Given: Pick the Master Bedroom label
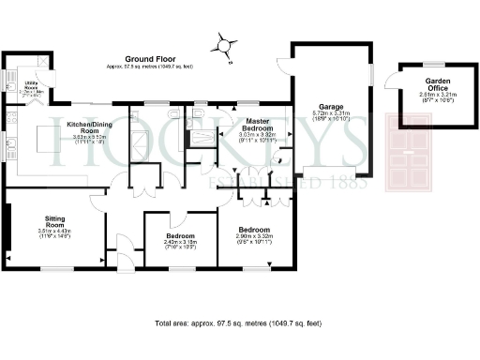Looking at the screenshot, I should point(257,125).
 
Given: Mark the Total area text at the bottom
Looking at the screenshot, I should point(238,323).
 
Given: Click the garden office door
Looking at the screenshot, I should point(394,83).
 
